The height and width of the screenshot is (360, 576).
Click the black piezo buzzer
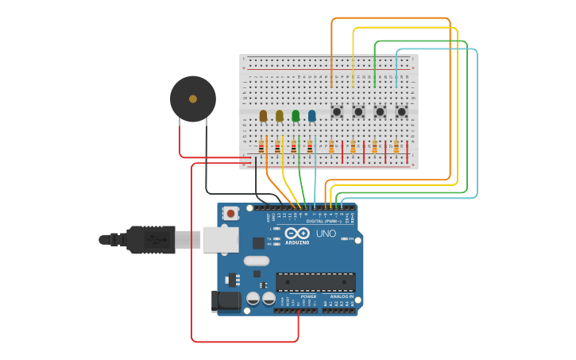tap(193, 99)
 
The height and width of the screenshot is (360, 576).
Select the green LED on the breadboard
tap(296, 115)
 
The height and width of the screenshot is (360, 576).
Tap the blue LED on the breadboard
tap(311, 115)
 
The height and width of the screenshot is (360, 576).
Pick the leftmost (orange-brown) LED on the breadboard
tap(263, 115)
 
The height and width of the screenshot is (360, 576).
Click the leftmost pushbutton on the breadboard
tap(337, 112)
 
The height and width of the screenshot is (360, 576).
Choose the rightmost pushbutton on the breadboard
tap(401, 112)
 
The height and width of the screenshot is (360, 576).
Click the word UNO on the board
tap(326, 234)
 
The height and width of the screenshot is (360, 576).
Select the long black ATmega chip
tap(315, 281)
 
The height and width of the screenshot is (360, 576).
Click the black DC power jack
tap(226, 300)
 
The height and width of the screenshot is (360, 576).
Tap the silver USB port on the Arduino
tap(220, 239)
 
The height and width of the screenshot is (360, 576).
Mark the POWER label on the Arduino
tap(308, 296)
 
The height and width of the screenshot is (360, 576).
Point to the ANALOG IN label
tap(342, 296)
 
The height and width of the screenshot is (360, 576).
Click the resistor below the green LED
tap(294, 146)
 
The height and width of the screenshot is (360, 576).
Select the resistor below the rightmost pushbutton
tap(396, 147)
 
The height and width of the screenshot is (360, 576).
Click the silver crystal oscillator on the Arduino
tap(257, 261)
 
